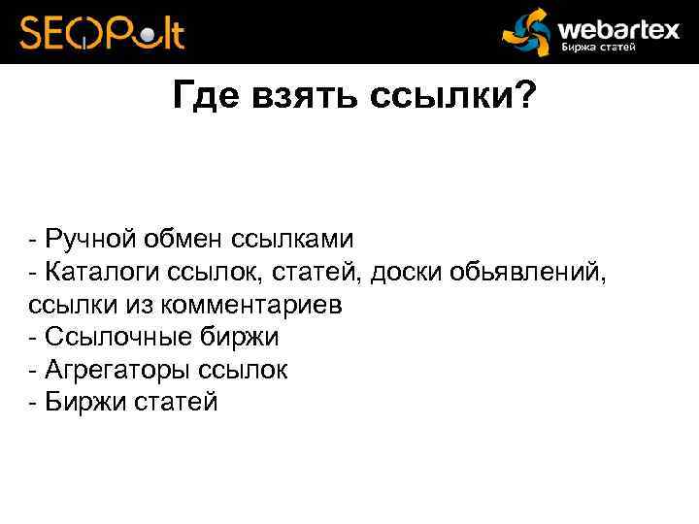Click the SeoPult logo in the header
tap(102, 32)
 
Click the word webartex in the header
tap(618, 27)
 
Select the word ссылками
tap(292, 239)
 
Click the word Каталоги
tap(104, 273)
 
